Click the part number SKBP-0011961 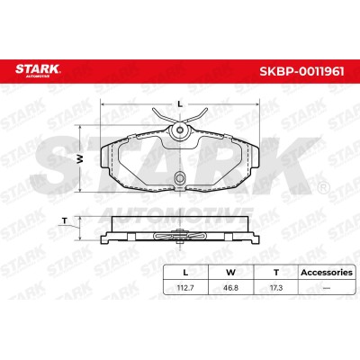(x=301, y=71)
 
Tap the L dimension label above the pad (x=180, y=104)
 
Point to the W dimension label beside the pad (x=80, y=159)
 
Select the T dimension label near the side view (x=64, y=221)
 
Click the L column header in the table (x=185, y=273)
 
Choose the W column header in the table (x=230, y=273)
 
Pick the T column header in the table (x=276, y=273)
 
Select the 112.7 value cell (x=185, y=288)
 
